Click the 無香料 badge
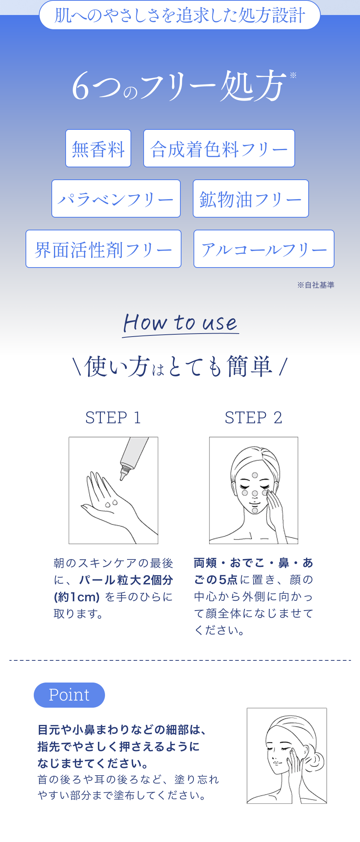point(98,148)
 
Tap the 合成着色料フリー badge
point(219,148)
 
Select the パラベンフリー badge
point(116,198)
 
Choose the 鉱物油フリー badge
point(251,198)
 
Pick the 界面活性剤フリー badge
point(103,249)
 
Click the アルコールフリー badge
point(264,249)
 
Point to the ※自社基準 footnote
point(316,285)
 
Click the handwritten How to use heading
point(181,323)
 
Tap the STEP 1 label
point(113,418)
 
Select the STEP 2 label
point(253,418)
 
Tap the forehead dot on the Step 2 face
point(255,475)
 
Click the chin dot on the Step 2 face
point(255,510)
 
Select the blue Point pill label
point(69,695)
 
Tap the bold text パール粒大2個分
point(126,580)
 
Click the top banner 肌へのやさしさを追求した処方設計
point(180,15)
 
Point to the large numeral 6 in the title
point(81,87)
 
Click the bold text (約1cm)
point(77,597)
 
